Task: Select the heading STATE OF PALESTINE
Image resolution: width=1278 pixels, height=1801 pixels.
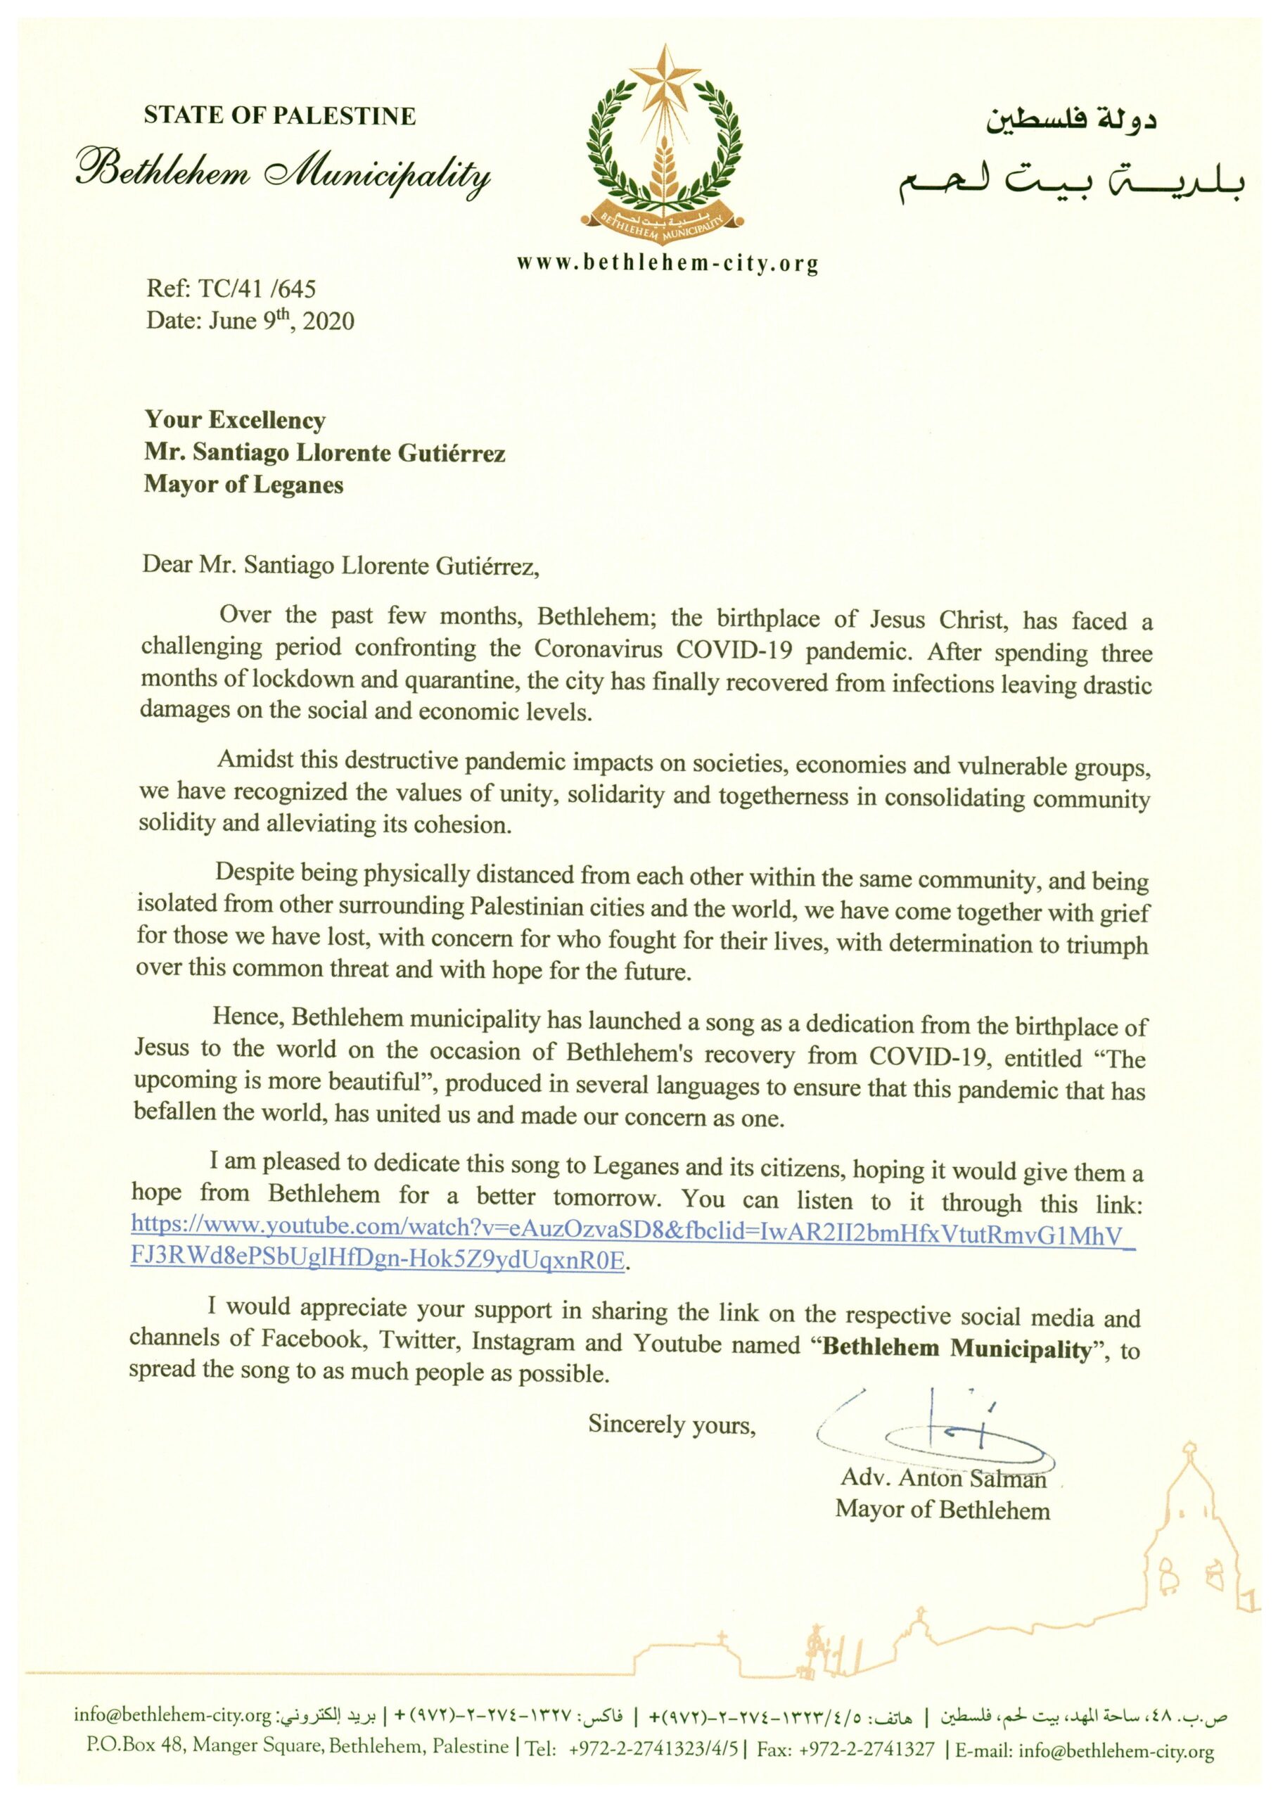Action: pyautogui.click(x=279, y=117)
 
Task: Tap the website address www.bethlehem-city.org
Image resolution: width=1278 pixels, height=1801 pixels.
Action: pyautogui.click(x=667, y=262)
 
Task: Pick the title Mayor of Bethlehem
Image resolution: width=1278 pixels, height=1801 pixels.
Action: pyautogui.click(x=942, y=1510)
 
